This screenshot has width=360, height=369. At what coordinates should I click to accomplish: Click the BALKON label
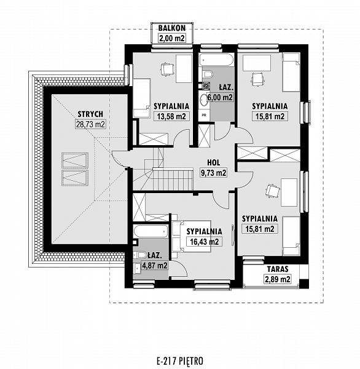172,28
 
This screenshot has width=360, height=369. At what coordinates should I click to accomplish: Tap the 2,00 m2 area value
172,38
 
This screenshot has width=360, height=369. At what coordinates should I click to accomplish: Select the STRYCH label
90,114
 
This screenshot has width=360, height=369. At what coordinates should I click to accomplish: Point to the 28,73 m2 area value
90,124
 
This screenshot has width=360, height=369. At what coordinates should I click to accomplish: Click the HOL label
214,162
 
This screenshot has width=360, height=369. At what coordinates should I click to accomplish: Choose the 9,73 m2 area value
214,173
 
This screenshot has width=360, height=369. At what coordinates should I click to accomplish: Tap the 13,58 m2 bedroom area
171,116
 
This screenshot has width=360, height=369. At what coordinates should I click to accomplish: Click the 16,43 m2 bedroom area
205,242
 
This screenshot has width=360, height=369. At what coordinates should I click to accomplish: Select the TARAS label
278,269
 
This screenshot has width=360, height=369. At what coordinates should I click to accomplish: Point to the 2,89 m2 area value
278,279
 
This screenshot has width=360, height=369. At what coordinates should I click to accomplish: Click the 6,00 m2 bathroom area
220,97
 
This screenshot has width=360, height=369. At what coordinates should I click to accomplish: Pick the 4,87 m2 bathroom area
155,266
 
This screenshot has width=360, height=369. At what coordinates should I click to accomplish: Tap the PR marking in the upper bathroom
204,116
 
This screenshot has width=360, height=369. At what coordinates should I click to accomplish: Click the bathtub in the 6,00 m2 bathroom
216,60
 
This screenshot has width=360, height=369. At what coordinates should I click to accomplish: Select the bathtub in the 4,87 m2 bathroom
151,232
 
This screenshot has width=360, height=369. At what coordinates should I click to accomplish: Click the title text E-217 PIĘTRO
179,361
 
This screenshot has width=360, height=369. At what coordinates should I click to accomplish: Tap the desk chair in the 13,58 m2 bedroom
168,69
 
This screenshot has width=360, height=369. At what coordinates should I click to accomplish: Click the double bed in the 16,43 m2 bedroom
192,237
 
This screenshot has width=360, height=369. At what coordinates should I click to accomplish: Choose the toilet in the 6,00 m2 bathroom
207,74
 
